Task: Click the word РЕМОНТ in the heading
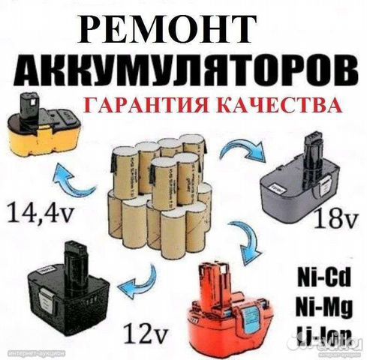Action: [183, 28]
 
